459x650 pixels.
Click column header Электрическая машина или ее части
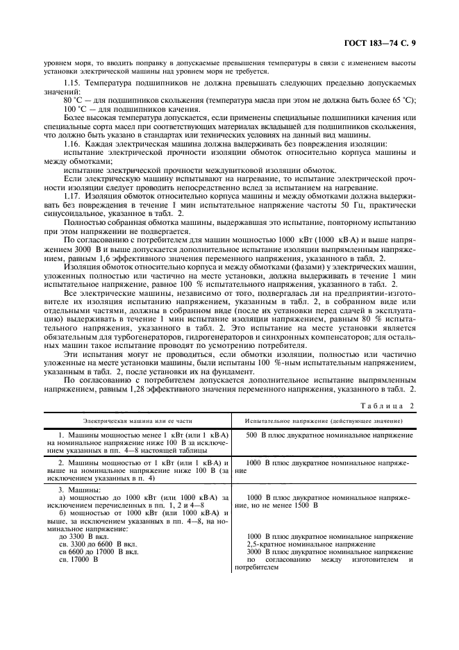tap(138, 422)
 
